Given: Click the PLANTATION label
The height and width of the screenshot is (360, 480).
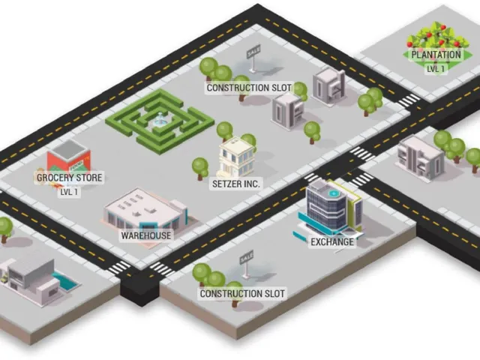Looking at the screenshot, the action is tap(436, 55).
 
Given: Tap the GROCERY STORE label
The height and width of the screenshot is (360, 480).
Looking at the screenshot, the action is tap(70, 178).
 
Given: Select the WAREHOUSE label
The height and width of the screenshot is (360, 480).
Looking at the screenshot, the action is tap(146, 235).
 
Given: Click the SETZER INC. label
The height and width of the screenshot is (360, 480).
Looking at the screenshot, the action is tap(236, 184).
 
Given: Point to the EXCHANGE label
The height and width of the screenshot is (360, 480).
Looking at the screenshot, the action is tap(332, 241).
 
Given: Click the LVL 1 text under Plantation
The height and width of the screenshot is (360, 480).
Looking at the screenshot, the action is tap(436, 69).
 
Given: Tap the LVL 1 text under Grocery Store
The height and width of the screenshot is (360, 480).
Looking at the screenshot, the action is tap(69, 192).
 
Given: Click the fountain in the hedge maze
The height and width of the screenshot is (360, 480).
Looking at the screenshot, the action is tap(160, 120).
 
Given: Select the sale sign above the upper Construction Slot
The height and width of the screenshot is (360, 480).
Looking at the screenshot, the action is tap(253, 58).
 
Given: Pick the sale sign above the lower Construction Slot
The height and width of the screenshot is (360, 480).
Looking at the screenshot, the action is tap(246, 264).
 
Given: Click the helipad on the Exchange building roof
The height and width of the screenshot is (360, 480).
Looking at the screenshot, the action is tap(333, 193).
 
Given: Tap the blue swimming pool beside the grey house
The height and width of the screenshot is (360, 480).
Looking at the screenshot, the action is tap(66, 281).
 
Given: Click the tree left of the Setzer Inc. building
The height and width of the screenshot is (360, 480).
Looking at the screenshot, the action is tap(200, 168).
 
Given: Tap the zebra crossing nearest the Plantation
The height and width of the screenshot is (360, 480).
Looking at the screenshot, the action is tap(409, 100).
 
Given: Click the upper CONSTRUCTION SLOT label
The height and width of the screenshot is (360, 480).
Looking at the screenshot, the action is tap(249, 88).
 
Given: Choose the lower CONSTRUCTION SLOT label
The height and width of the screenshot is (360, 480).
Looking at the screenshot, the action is tap(242, 293).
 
